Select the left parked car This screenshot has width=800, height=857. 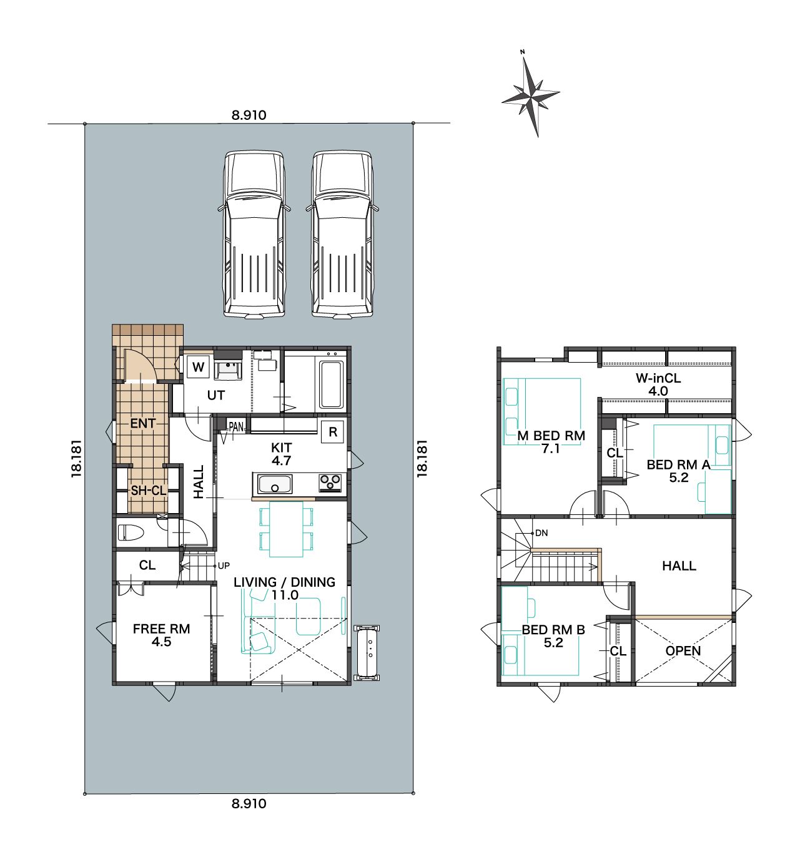(254, 234)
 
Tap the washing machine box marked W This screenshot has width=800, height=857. (198, 367)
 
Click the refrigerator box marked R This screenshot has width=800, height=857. (332, 431)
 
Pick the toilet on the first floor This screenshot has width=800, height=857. (131, 532)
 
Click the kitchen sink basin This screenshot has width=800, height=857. (275, 484)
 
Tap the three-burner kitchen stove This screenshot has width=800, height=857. (330, 482)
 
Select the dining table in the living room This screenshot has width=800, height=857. (286, 529)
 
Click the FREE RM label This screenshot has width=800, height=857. (161, 629)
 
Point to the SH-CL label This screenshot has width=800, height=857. (148, 491)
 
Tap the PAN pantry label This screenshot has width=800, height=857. (236, 427)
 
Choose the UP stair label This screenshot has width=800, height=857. (224, 566)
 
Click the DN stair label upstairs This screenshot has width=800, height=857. (541, 533)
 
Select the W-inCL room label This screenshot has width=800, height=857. (658, 378)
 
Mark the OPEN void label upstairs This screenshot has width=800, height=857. (683, 651)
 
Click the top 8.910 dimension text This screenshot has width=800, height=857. (249, 115)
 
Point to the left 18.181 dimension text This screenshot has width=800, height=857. (76, 458)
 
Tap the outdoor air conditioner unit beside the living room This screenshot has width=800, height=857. (367, 652)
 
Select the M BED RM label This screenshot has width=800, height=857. (551, 436)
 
